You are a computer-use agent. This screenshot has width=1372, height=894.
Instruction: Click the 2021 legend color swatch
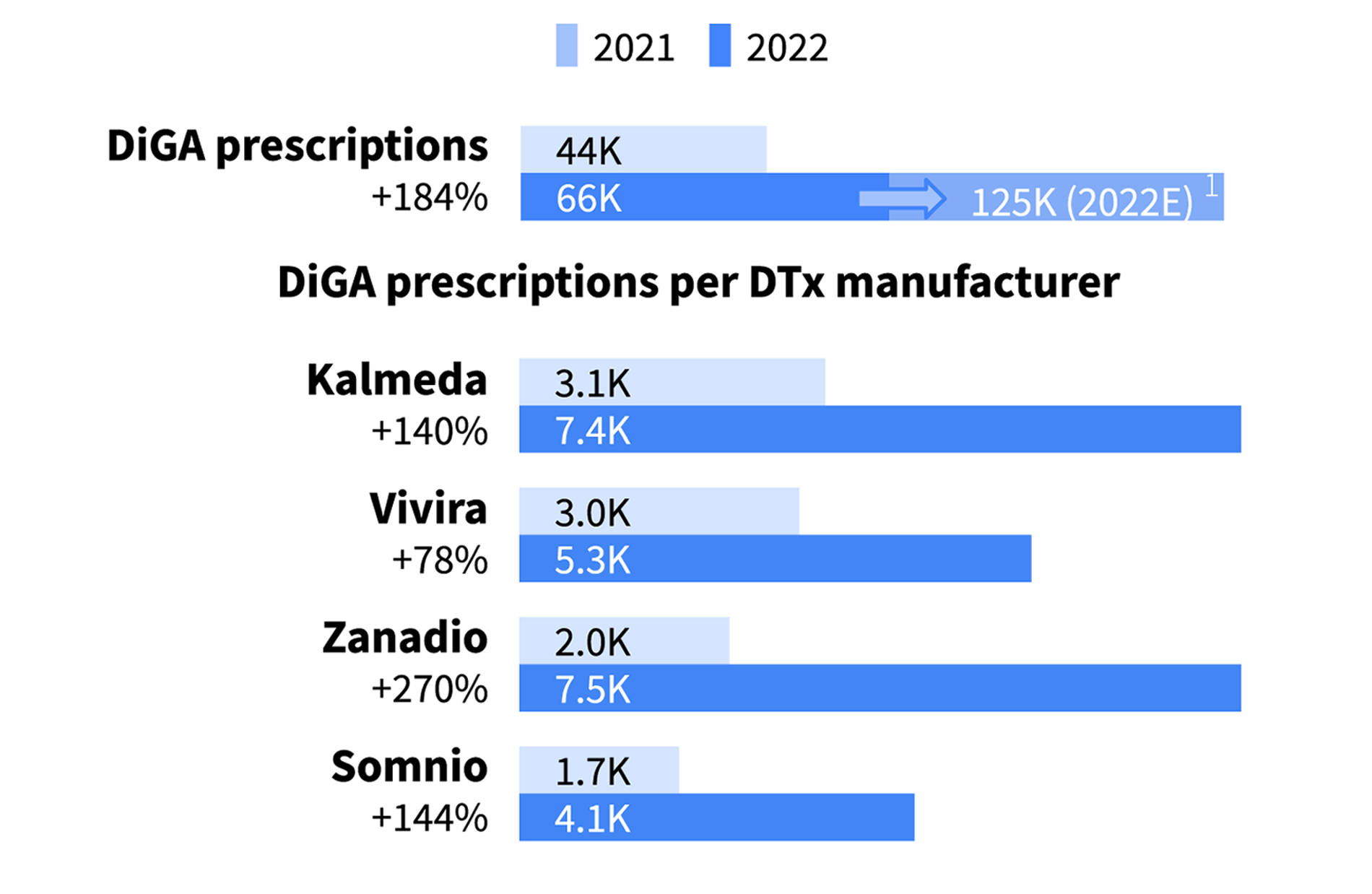coord(566,45)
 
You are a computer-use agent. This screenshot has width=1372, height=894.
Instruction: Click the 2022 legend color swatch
coord(719,45)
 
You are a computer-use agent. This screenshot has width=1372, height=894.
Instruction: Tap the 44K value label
coord(588,151)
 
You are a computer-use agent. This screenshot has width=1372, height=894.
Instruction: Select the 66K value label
coord(588,199)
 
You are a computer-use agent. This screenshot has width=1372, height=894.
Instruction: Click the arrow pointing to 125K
coord(902,197)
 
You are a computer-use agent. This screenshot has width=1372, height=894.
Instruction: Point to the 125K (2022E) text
coord(1081,202)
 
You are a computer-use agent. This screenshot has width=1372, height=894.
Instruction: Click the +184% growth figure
coord(429,197)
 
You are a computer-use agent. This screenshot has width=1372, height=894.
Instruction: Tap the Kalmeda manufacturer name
coord(396,380)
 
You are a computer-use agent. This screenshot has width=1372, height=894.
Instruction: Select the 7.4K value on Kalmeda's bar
coord(592,431)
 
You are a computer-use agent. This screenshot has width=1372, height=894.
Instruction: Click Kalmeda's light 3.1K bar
coord(722,382)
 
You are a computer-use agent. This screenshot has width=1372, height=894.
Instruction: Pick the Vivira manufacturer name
coord(428,508)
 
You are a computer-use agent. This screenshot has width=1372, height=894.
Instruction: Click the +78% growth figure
coord(439,560)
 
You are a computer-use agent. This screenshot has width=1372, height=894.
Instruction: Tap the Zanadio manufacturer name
coord(404,638)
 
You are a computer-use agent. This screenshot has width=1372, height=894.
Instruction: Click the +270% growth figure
coord(429,689)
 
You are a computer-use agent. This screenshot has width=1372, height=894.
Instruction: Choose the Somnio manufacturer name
coord(409,767)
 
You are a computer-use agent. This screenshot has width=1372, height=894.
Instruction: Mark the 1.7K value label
coord(592,771)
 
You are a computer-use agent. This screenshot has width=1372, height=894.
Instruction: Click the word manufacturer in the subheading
coord(977,282)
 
